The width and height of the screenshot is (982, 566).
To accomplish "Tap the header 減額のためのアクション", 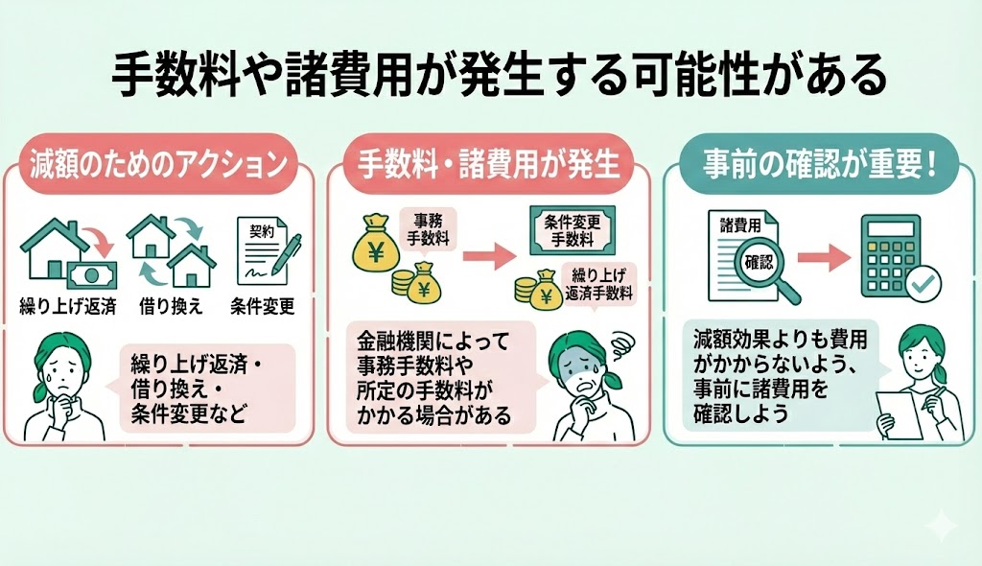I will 157,164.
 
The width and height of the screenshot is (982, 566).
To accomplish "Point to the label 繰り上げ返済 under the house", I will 65,307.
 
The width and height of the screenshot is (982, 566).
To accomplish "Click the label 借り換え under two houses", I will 171,307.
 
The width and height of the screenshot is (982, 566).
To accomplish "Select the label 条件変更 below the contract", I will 263,307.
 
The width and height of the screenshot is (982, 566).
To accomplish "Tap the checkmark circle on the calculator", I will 926,282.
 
